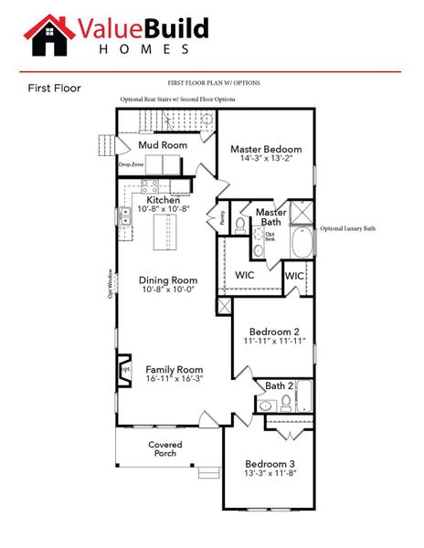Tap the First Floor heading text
click(55, 89)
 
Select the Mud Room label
click(163, 144)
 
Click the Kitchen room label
click(162, 199)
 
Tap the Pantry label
click(220, 216)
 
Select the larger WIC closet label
click(244, 273)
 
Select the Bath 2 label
click(280, 386)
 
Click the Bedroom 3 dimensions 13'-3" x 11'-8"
click(271, 474)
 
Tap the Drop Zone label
click(131, 165)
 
